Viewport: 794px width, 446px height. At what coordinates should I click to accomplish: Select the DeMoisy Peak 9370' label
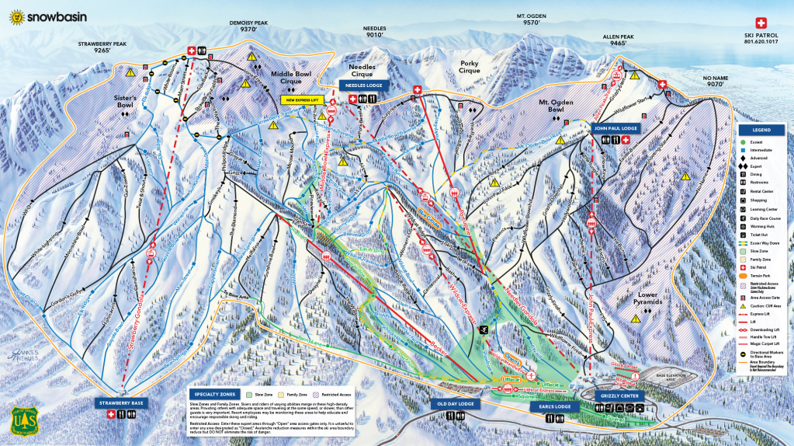pos(248,27)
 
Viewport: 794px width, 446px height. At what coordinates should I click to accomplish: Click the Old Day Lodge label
pos(456,404)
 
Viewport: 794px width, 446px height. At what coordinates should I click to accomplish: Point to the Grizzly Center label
pos(619,395)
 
